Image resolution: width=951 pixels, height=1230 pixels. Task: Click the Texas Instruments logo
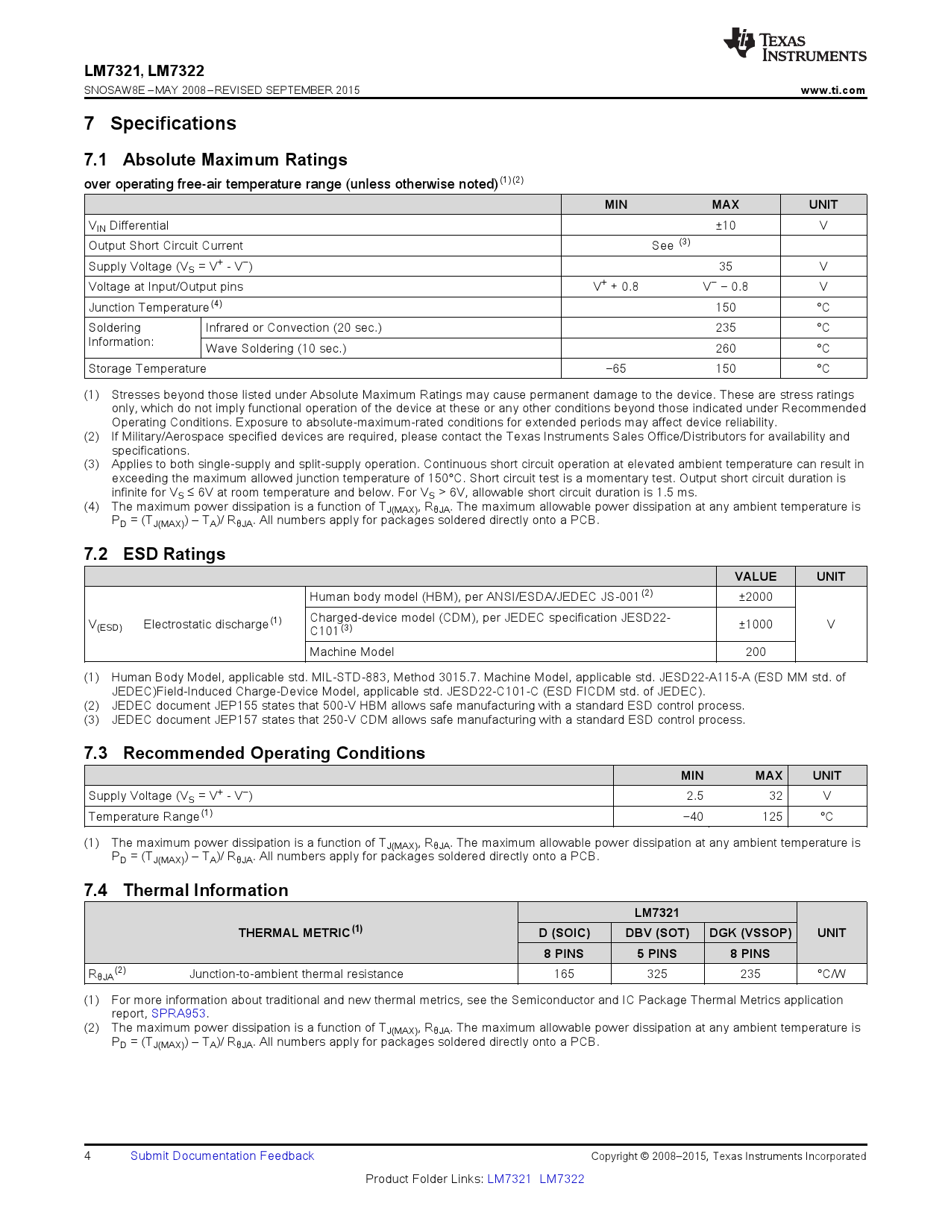point(794,45)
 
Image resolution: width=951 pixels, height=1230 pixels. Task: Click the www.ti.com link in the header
point(832,90)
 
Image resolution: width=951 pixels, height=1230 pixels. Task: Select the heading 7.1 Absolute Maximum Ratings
point(216,160)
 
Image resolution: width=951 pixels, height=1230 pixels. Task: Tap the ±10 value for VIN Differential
point(725,225)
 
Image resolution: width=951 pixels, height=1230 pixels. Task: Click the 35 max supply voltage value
point(725,266)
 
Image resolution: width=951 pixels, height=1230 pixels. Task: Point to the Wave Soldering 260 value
point(725,348)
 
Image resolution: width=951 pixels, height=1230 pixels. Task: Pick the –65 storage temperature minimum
point(616,368)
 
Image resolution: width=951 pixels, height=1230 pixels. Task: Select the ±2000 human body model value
point(756,596)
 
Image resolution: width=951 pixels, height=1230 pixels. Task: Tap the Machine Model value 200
point(756,652)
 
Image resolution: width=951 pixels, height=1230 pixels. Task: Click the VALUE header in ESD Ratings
point(756,576)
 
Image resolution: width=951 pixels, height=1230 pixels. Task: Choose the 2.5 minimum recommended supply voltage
point(694,795)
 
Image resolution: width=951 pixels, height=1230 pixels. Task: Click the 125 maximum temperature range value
point(772,816)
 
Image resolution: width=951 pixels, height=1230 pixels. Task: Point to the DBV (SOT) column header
point(657,933)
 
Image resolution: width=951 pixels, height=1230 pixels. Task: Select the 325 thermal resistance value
point(657,974)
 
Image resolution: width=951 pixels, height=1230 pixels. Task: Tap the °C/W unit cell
point(831,974)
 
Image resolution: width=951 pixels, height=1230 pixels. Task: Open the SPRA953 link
point(179,1014)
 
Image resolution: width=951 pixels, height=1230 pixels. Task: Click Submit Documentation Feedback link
point(222,1155)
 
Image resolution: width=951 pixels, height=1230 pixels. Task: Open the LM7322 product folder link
point(562,1179)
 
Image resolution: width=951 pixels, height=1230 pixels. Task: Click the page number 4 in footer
point(88,1155)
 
